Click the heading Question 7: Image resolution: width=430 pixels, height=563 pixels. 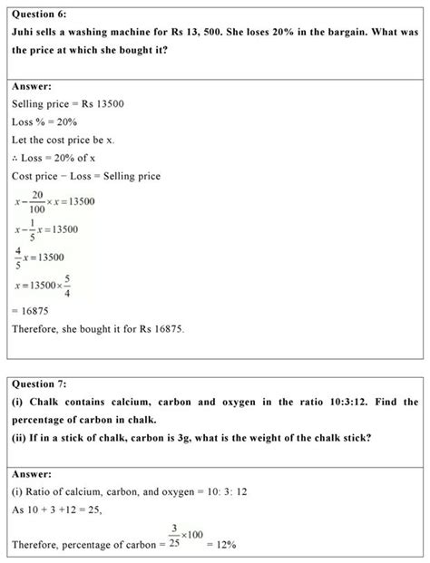(x=41, y=383)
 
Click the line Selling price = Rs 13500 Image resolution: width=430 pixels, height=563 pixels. (x=68, y=105)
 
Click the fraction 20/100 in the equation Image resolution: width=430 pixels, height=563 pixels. (x=36, y=201)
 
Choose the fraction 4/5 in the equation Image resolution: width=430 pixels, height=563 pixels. (x=18, y=258)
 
